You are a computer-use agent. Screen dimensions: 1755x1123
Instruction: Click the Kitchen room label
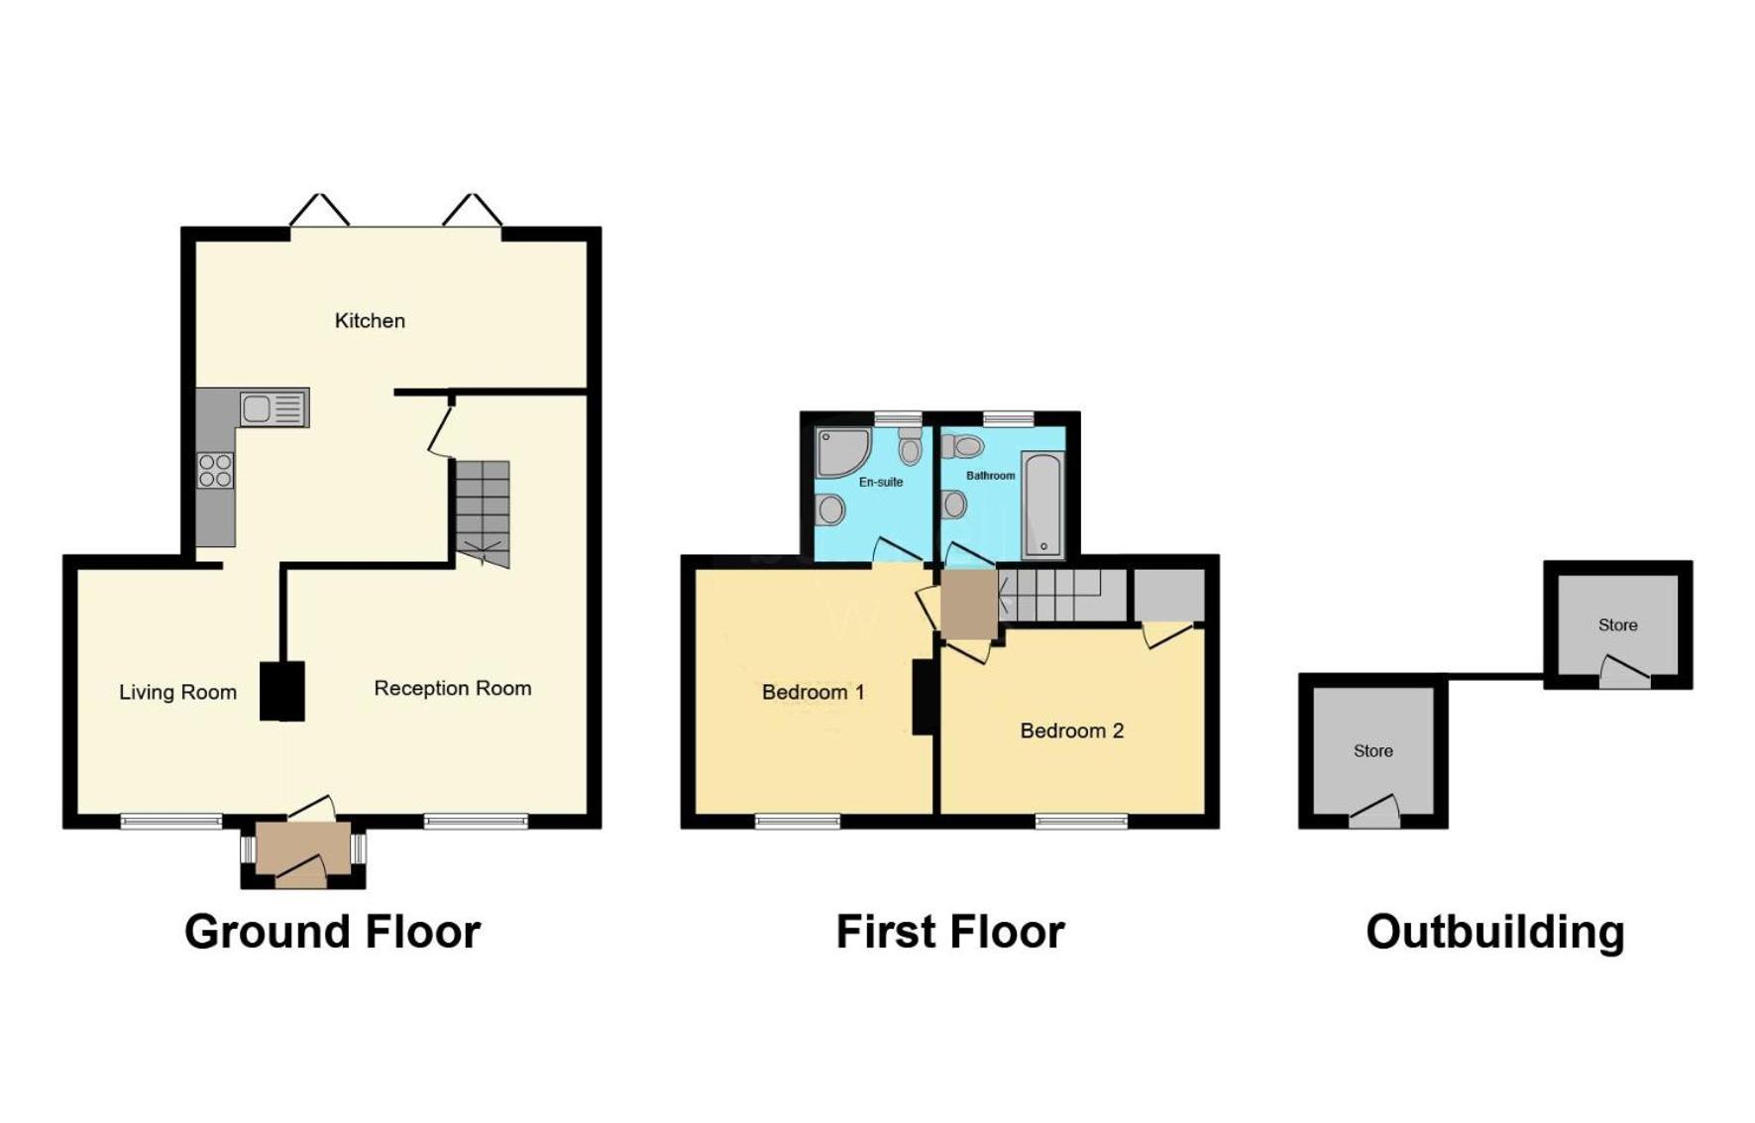(370, 321)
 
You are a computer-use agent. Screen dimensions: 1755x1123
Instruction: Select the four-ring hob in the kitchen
(215, 471)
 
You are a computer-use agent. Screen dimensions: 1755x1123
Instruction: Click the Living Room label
(177, 693)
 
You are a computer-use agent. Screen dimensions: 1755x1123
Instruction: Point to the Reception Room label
(453, 689)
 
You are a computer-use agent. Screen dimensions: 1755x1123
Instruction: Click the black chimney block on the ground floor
(282, 690)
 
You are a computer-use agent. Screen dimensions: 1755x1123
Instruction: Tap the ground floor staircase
(483, 513)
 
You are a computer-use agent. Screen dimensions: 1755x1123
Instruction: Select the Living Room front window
(171, 821)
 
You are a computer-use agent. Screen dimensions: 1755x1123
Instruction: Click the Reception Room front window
(476, 821)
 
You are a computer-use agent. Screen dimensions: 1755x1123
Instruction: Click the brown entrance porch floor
(303, 847)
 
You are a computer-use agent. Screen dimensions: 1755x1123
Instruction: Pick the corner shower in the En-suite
(842, 453)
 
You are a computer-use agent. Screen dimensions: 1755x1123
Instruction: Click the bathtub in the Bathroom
(1042, 505)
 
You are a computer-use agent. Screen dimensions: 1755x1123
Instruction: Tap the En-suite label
(881, 483)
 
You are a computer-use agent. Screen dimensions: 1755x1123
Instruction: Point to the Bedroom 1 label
(814, 692)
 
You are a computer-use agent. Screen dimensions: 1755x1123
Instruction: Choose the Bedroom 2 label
(1072, 731)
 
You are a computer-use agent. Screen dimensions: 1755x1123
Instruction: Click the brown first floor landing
(968, 604)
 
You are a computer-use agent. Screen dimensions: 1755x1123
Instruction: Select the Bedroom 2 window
(1082, 821)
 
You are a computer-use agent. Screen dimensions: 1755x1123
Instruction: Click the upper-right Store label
(1618, 625)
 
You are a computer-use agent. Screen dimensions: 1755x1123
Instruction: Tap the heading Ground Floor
(333, 933)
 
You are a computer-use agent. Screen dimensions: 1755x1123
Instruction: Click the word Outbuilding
(1495, 933)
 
